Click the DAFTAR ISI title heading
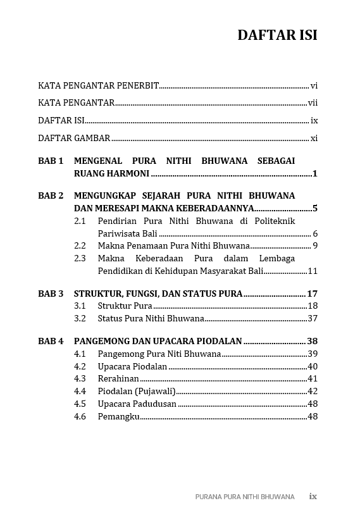click(277, 35)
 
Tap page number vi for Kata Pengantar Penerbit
click(314, 85)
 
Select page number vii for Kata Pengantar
click(313, 102)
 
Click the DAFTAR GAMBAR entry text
click(74, 138)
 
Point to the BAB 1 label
click(51, 161)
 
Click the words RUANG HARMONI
click(111, 173)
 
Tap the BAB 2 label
click(51, 196)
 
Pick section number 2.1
click(80, 221)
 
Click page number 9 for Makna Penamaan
click(314, 245)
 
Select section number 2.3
click(80, 258)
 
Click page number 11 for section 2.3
click(313, 271)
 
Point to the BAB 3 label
click(51, 294)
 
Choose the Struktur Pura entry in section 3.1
click(125, 306)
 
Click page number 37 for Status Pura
click(313, 318)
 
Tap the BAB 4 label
click(51, 341)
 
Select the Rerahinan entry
click(118, 378)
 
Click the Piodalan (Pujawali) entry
click(137, 391)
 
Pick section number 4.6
click(80, 416)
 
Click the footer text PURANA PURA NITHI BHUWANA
click(245, 497)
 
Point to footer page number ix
click(313, 497)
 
